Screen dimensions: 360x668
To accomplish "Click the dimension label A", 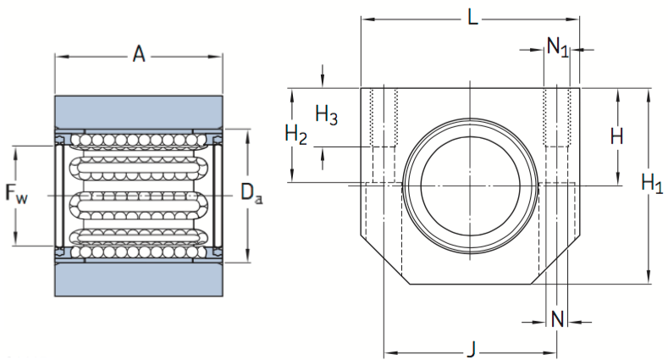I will pos(139,55).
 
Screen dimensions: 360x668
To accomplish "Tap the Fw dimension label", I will pos(17,195).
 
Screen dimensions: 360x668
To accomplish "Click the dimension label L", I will pos(472,16).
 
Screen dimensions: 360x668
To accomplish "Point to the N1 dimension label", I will pos(557,47).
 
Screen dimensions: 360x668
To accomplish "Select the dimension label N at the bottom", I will pos(557,319).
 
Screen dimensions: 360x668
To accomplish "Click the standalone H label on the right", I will pos(616,135).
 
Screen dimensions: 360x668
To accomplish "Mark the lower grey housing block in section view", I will pos(139,279).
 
